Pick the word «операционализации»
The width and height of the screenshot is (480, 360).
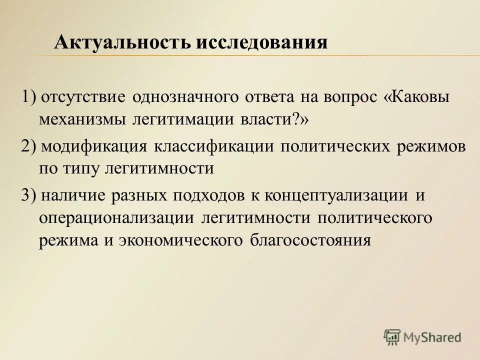click(116, 218)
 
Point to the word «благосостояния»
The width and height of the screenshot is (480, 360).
click(309, 240)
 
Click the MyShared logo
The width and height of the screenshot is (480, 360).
click(423, 337)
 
